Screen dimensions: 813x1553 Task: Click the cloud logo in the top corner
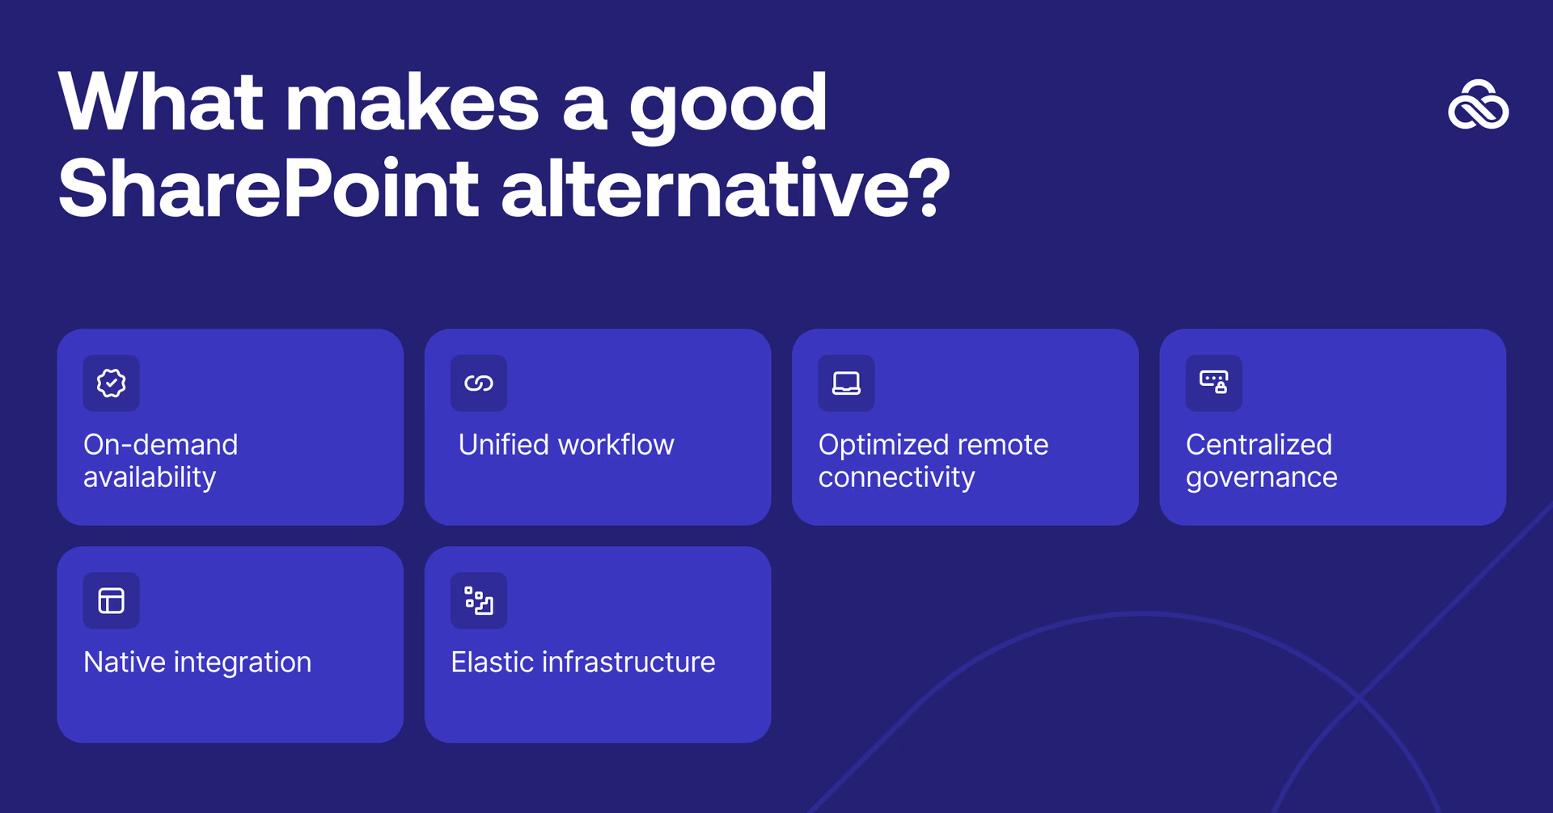1478,105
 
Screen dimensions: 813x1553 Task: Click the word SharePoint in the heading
268,189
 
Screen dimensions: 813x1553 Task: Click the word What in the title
161,103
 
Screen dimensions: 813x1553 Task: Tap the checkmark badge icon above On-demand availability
112,383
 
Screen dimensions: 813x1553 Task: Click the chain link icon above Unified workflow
479,383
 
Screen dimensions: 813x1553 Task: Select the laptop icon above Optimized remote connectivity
846,383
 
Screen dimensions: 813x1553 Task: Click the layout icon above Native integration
112,600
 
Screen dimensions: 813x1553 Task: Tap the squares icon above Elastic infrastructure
479,600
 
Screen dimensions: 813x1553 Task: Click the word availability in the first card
150,477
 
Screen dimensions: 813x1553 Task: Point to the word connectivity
896,477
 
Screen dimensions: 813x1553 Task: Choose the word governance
1261,477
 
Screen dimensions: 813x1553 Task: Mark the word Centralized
1259,444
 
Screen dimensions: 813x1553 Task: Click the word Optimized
882,444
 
